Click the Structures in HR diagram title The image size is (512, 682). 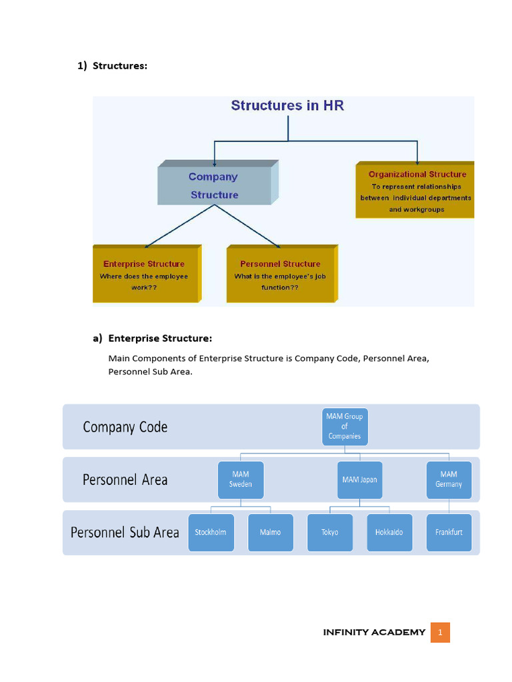tap(287, 105)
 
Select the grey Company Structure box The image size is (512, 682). tap(214, 186)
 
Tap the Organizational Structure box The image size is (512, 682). tap(417, 191)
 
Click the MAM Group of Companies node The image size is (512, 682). tap(345, 427)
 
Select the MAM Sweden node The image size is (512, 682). tap(241, 480)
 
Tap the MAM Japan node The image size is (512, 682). tap(359, 480)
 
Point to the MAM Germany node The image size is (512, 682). tap(449, 480)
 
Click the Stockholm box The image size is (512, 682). tap(211, 532)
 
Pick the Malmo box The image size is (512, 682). tap(271, 532)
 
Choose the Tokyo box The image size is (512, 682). tap(329, 532)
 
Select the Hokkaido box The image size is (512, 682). tap(389, 532)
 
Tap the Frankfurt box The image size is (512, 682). tap(449, 532)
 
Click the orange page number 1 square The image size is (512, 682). tap(440, 632)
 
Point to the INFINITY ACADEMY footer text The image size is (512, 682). tap(374, 632)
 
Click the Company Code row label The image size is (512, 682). tap(125, 427)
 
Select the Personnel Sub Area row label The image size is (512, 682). tap(125, 532)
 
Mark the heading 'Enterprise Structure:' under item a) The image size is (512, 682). tap(160, 338)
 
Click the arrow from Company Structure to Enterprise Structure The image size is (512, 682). tap(178, 226)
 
